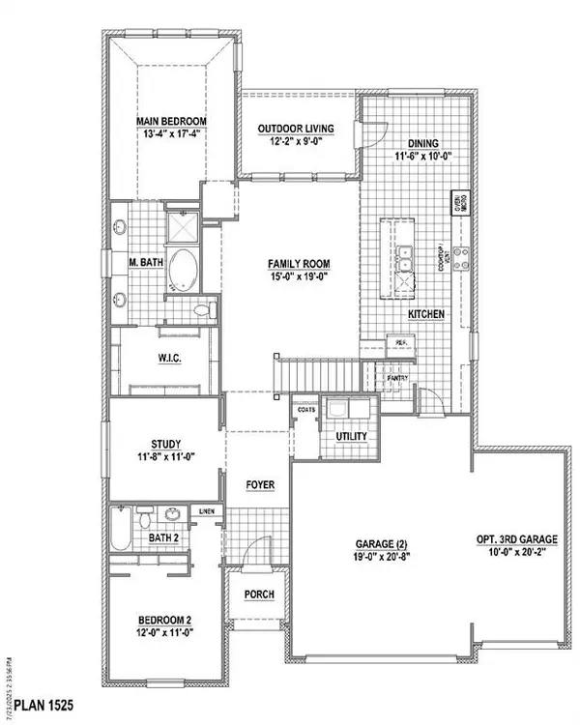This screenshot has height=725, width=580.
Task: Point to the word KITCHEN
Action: tap(426, 315)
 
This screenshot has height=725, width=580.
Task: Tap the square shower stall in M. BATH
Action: tap(181, 227)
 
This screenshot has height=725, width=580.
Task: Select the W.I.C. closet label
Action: tap(171, 360)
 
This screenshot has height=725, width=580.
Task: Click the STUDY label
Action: tap(160, 446)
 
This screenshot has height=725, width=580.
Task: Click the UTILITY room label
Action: tap(351, 437)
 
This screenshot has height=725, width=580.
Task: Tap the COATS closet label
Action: tap(307, 409)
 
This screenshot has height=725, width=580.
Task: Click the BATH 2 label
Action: tap(162, 538)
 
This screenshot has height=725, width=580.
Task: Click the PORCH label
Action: tap(257, 594)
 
